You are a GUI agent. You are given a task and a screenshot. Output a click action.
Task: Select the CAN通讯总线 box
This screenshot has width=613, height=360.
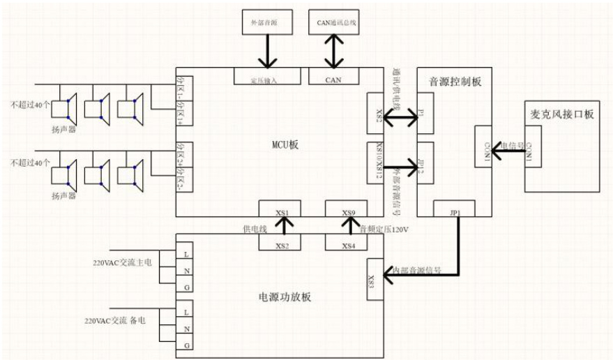[332, 23]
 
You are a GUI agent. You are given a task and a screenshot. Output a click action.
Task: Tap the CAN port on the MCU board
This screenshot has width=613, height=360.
[333, 80]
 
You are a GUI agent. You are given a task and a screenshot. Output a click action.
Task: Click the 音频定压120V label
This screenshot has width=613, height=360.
[384, 228]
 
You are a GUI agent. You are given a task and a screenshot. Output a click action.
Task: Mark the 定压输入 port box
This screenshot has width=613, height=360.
[263, 80]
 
